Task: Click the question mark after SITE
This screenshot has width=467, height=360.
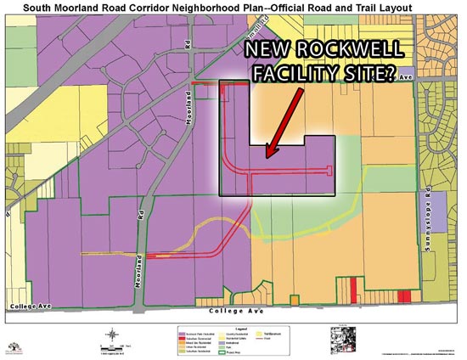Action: click(388, 75)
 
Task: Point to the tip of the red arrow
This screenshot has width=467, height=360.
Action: click(267, 157)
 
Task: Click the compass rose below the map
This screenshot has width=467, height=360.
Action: click(110, 335)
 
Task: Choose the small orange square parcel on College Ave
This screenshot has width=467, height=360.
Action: click(295, 300)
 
